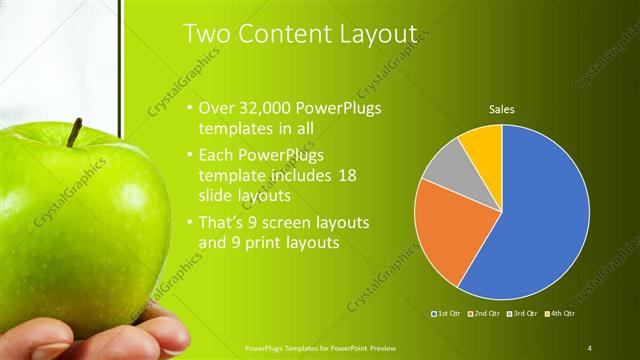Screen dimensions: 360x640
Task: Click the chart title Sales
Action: click(502, 109)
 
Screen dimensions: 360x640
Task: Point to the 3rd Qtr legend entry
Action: click(522, 314)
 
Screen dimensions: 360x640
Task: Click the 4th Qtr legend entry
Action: click(562, 314)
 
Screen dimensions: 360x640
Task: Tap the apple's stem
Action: click(75, 131)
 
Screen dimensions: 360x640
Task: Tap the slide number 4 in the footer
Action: click(590, 347)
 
